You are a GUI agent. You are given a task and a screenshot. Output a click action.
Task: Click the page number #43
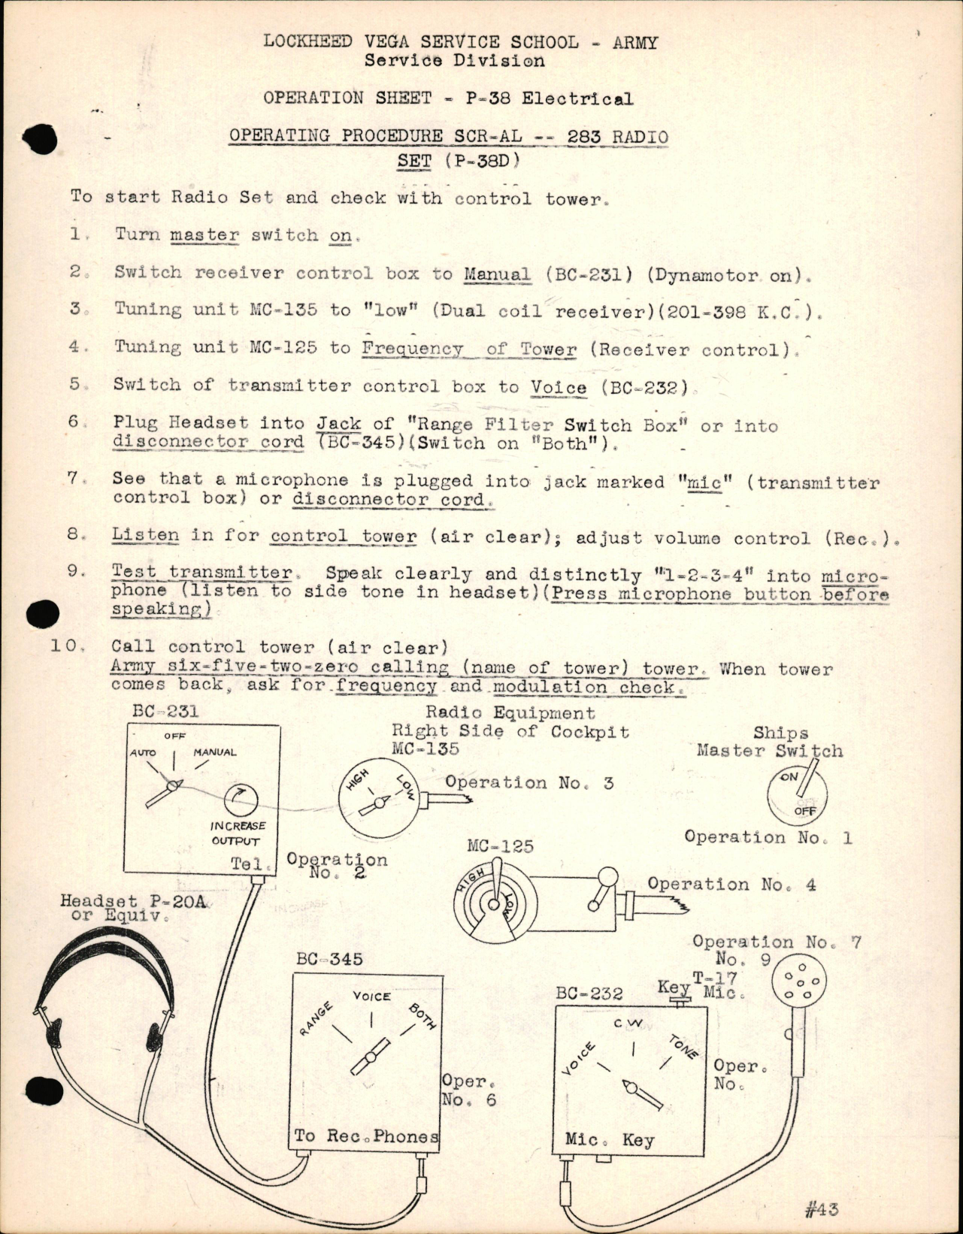coord(820,1208)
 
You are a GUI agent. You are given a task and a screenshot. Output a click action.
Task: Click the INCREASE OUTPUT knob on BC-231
coord(240,801)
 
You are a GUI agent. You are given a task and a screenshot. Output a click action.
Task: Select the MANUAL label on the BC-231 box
coord(215,752)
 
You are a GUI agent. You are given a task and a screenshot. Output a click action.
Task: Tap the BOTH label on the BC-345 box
coord(422,1015)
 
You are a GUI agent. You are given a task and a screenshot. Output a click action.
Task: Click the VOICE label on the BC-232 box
coord(579,1059)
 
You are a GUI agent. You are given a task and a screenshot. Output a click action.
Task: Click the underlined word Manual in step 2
coord(496,274)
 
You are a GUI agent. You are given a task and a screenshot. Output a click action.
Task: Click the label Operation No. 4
coord(731,885)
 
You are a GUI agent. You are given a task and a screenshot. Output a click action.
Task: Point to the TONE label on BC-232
coord(683,1045)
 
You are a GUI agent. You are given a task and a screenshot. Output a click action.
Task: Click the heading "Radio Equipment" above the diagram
coord(510,712)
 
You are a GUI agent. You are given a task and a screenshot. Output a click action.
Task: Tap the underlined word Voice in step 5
coord(558,388)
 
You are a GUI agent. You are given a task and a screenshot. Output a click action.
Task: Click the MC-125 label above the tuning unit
coord(500,846)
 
